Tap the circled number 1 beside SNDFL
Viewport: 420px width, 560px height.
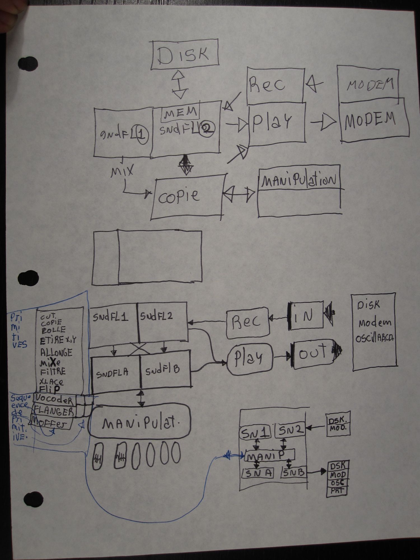pos(142,135)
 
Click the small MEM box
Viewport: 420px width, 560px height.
pos(180,113)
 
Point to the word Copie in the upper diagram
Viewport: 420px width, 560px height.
pos(179,196)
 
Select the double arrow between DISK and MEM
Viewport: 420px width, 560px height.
pos(179,84)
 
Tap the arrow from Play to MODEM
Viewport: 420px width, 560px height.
pos(323,122)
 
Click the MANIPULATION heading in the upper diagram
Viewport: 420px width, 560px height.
pos(298,180)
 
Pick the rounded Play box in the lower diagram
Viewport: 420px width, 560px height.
pos(249,358)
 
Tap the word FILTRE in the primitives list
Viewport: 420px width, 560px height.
pos(53,372)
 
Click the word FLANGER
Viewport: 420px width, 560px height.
pos(54,411)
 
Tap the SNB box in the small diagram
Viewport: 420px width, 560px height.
pos(293,473)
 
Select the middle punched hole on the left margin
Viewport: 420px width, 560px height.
pos(28,278)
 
